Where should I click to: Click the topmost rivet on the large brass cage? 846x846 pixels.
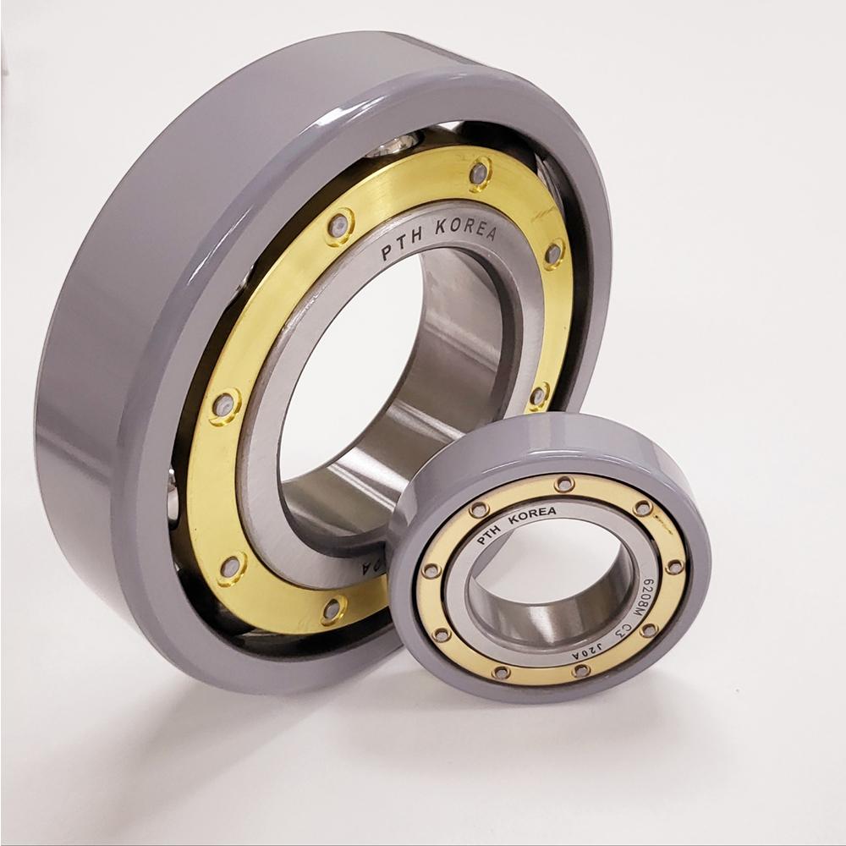[481, 173]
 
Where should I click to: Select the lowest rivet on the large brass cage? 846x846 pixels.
[332, 608]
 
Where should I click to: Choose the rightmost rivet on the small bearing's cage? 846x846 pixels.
[674, 566]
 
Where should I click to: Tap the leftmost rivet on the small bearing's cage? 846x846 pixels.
[431, 571]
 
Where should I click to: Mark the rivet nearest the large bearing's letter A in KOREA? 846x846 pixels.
[552, 253]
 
